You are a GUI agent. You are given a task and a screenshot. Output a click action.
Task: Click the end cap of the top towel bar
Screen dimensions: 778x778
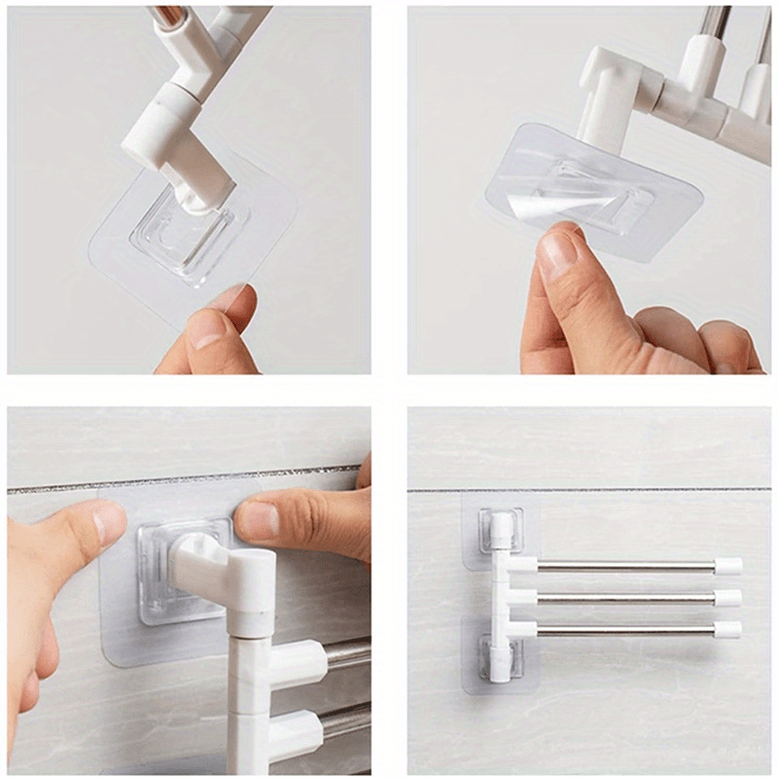[727, 566]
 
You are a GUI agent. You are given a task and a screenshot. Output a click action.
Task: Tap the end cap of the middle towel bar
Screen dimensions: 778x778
[727, 597]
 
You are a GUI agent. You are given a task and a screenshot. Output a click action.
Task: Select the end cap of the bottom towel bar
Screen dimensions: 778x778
[727, 629]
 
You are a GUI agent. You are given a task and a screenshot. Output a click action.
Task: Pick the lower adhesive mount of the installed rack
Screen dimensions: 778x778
[500, 657]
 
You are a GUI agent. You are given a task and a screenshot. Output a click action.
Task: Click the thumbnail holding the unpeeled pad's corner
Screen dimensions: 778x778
[206, 328]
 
